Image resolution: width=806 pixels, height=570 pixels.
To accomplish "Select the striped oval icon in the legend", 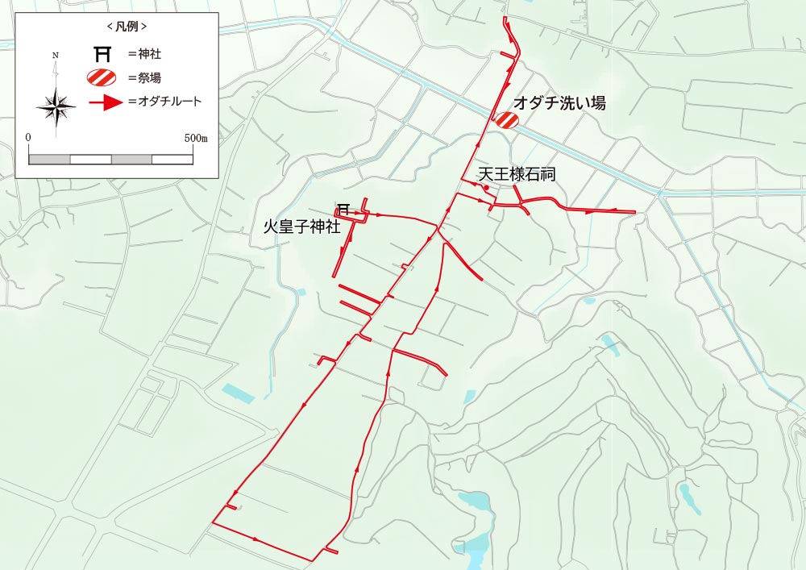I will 102,78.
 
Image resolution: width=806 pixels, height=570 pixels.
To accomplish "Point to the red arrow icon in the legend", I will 105,102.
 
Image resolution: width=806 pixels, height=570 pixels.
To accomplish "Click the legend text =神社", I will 150,55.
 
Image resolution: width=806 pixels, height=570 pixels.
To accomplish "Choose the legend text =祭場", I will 150,78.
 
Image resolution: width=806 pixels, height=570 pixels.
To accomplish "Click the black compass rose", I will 56,106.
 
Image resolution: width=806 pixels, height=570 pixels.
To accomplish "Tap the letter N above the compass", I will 55,56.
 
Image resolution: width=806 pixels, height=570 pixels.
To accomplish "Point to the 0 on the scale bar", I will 29,138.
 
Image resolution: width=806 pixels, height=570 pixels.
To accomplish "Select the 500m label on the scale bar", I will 196,138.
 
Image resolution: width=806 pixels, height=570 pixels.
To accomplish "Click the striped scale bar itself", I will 111,159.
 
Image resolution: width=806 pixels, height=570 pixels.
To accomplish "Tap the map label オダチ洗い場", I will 561,103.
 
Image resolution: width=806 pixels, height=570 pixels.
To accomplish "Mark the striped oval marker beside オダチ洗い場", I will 506,120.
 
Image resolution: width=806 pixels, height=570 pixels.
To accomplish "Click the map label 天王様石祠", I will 517,174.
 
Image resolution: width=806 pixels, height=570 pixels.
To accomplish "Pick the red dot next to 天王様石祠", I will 487,188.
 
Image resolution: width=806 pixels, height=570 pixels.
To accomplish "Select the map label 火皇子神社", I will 302,227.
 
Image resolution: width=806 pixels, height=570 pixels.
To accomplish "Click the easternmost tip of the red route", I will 635,213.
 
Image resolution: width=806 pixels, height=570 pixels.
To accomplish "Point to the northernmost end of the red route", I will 505,18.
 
